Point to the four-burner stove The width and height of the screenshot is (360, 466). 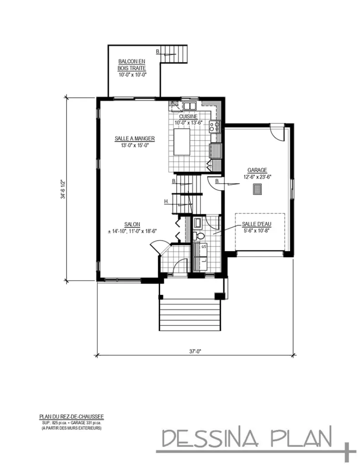click(x=214, y=126)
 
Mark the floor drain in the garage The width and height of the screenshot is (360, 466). click(x=257, y=190)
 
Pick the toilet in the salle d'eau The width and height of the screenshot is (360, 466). click(x=198, y=236)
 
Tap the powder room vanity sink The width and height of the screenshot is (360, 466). click(x=198, y=223)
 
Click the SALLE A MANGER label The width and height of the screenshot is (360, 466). click(x=135, y=138)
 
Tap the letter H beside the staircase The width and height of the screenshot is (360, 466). click(x=167, y=201)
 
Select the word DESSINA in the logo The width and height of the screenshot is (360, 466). click(x=210, y=439)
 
